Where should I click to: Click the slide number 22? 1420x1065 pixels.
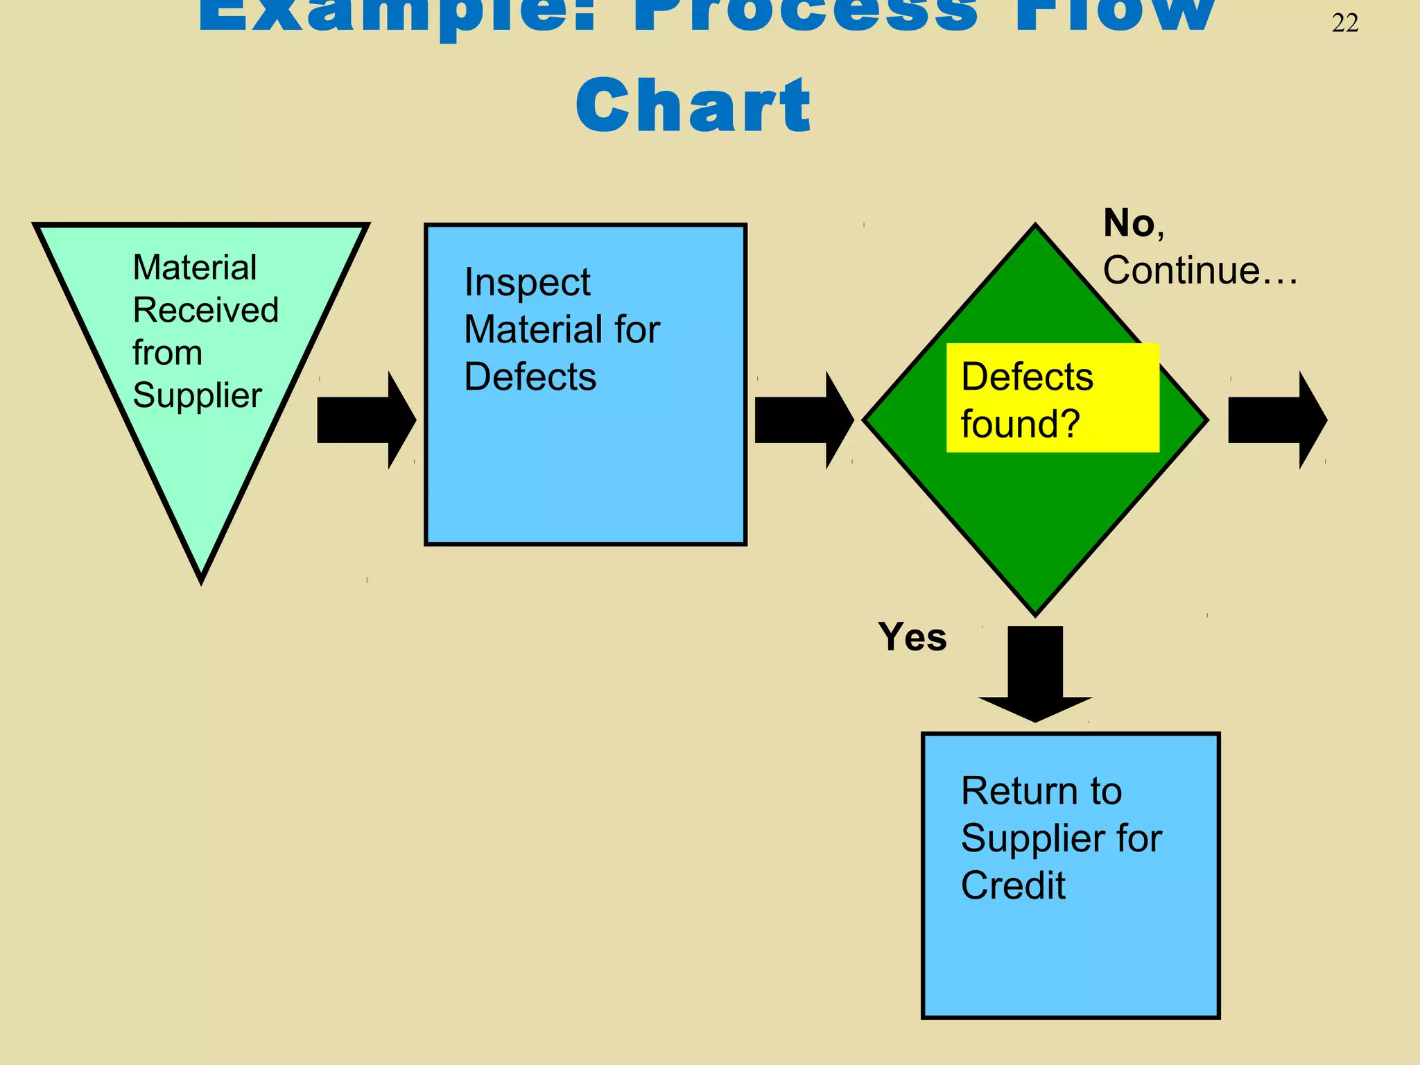tap(1344, 24)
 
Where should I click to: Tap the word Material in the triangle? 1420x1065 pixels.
tap(194, 268)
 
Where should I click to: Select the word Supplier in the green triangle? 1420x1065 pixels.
tap(197, 396)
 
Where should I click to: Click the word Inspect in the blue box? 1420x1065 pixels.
tap(527, 283)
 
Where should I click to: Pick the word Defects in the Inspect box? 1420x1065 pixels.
tap(530, 377)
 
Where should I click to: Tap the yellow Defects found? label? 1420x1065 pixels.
tap(1052, 398)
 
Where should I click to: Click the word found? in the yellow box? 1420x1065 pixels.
tap(1020, 424)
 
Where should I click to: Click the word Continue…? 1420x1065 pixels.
tap(1200, 270)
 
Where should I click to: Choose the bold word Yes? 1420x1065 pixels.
tap(912, 637)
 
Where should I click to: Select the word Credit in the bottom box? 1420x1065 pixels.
tap(1012, 885)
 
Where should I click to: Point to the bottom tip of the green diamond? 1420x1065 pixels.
tap(1035, 612)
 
